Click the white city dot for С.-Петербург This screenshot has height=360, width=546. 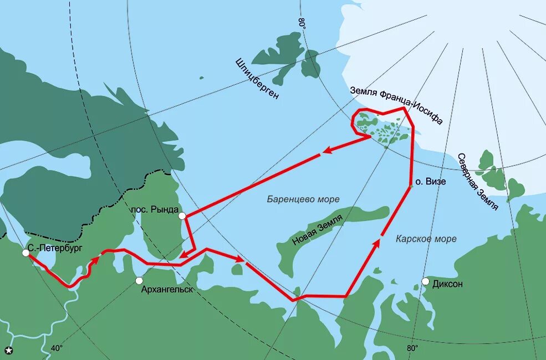25,253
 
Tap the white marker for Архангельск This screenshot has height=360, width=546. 140,280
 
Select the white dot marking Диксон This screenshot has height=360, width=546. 425,281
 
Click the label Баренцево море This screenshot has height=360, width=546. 303,199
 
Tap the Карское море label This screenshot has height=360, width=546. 426,239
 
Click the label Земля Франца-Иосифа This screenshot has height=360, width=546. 396,105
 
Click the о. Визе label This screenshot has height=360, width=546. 431,181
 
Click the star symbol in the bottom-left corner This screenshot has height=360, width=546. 9,349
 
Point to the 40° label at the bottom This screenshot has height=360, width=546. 57,348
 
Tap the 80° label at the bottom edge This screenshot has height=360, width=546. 411,348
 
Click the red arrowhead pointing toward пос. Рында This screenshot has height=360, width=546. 185,255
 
